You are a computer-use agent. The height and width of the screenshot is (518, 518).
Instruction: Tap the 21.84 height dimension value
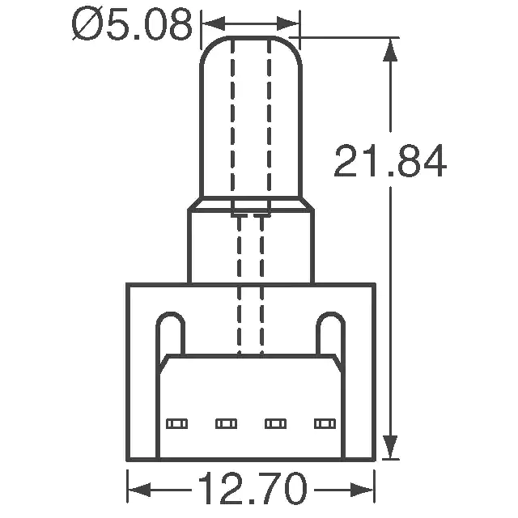(x=390, y=161)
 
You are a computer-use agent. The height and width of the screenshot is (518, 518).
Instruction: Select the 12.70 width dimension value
(x=253, y=488)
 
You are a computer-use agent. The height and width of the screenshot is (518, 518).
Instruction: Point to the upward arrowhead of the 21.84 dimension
(x=390, y=49)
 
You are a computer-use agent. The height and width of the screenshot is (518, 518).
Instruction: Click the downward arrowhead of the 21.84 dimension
(x=390, y=447)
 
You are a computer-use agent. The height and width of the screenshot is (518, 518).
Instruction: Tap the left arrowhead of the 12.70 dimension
(x=139, y=489)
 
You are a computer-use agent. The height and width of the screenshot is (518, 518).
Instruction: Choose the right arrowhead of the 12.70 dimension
(x=363, y=489)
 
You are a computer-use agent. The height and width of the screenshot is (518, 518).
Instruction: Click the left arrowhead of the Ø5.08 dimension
(x=214, y=23)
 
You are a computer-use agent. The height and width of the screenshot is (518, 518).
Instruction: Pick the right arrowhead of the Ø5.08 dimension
(x=288, y=23)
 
